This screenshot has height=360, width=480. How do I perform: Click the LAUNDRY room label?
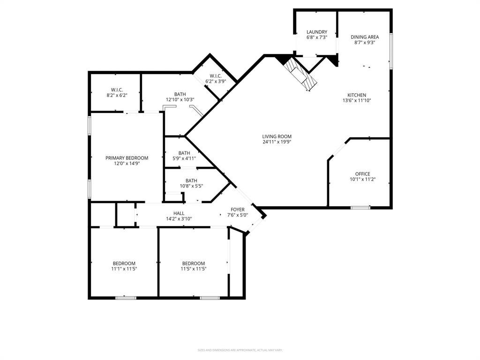pos(317,32)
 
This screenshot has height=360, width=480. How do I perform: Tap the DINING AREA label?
pos(365,37)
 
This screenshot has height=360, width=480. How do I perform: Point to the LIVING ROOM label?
pos(277,136)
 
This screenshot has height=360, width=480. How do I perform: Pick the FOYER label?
pos(237,210)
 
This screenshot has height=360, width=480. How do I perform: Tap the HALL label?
pos(179,213)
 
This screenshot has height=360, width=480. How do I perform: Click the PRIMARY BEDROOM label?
pos(127,158)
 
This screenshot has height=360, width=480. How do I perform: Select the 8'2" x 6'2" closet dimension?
pos(117,95)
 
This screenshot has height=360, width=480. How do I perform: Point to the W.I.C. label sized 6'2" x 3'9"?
pos(216,76)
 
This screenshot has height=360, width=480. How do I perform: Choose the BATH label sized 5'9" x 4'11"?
pos(184,153)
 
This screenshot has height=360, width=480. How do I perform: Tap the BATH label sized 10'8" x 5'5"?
pos(191,180)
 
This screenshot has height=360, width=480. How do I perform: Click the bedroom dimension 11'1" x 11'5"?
pos(124,269)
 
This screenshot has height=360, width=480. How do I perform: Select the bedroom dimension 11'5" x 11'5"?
pos(194,269)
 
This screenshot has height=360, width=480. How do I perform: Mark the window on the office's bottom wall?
pos(360,207)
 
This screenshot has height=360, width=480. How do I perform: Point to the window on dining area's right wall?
pos(391,51)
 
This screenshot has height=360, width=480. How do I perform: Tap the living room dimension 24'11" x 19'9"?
pos(277,142)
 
